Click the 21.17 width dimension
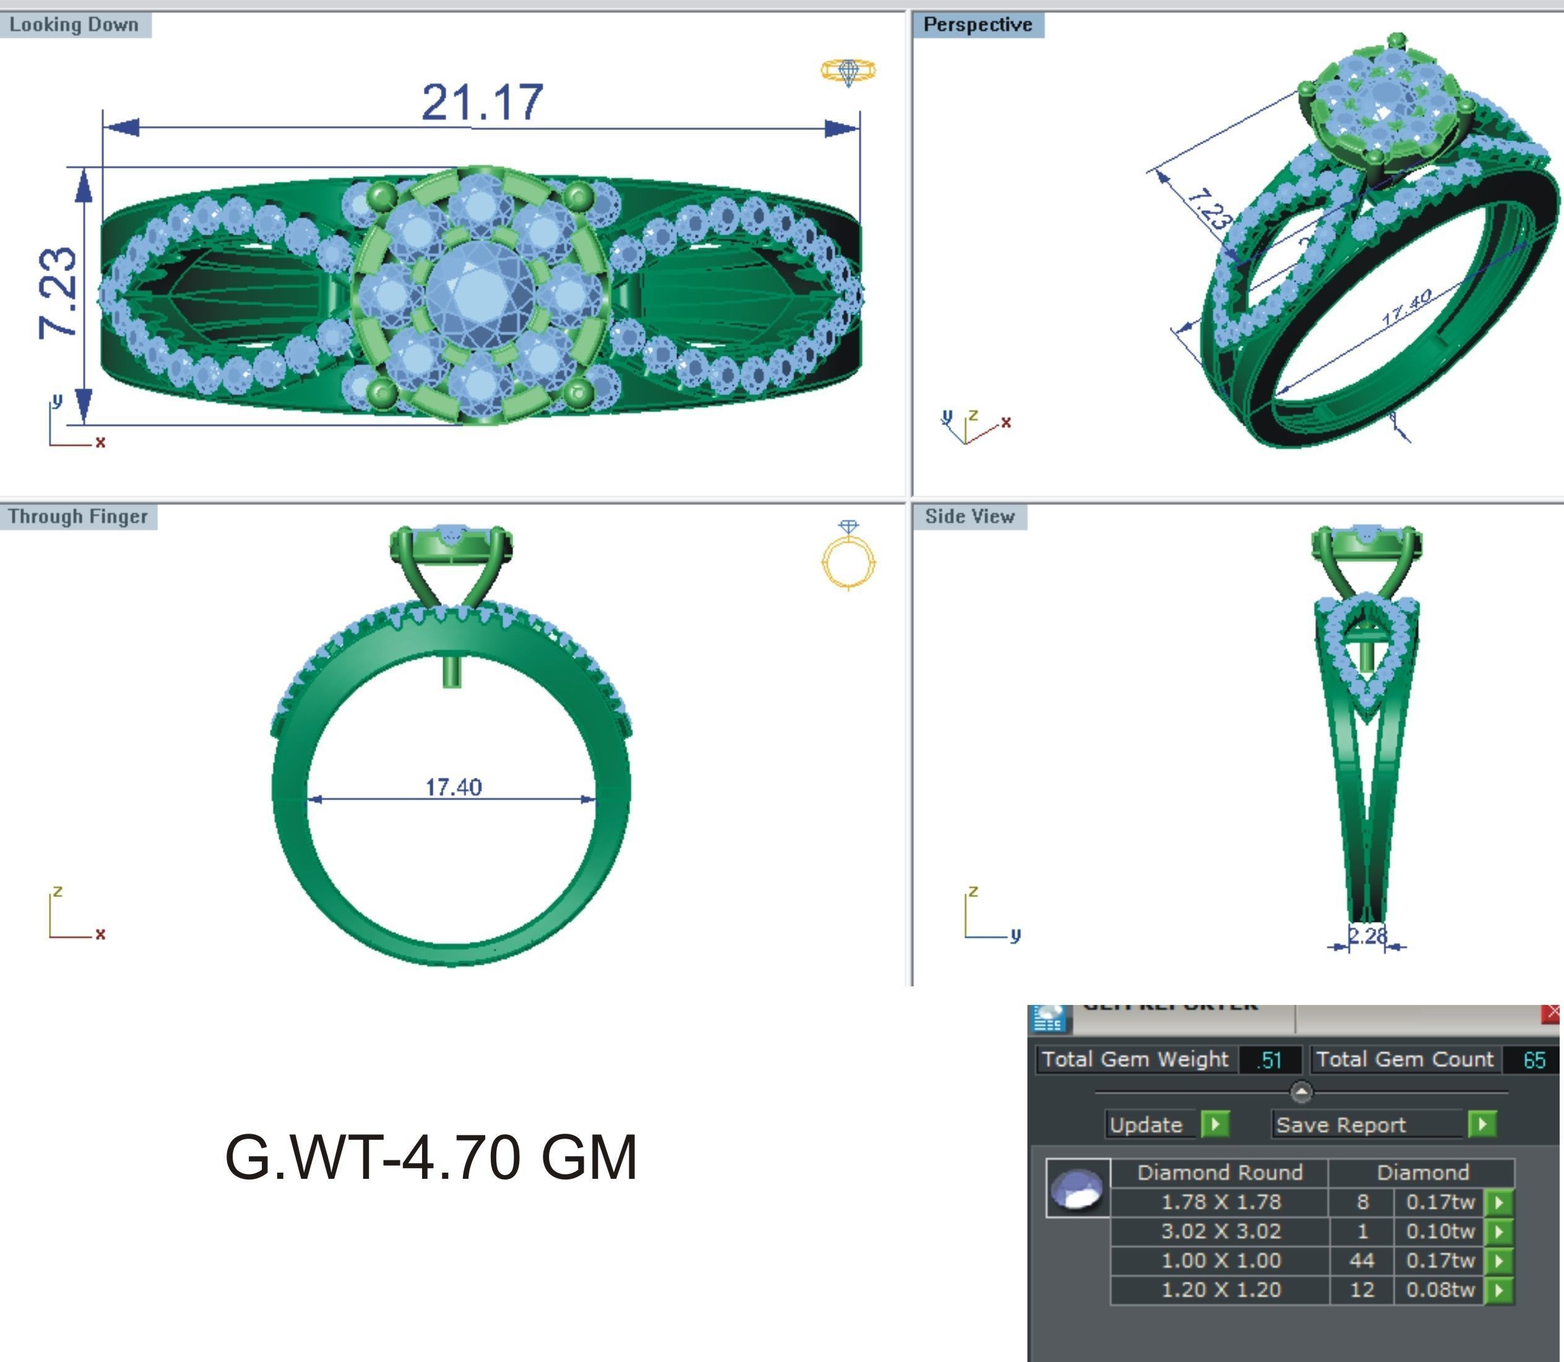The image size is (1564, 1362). (482, 102)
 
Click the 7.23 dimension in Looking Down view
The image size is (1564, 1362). (58, 293)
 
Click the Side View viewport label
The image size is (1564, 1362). (969, 516)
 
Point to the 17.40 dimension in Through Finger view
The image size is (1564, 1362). (453, 787)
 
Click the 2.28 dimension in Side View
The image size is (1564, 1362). (1367, 935)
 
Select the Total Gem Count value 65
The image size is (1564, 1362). (1534, 1059)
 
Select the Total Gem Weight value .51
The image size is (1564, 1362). (1269, 1059)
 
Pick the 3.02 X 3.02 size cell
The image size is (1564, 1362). (1221, 1231)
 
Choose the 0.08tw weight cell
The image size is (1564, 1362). (1440, 1290)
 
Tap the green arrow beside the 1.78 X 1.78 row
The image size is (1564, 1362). (1498, 1202)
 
